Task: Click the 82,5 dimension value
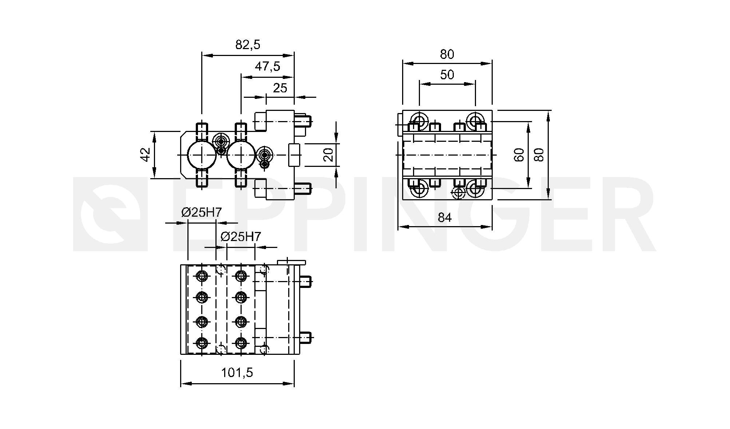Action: (248, 45)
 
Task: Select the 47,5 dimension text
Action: (267, 67)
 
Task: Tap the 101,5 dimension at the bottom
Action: (237, 373)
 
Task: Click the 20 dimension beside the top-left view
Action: (328, 155)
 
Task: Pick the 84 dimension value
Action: (445, 217)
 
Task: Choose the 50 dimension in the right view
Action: (447, 75)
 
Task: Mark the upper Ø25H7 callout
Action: (202, 212)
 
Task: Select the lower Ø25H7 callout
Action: (241, 237)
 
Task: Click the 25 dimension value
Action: (280, 88)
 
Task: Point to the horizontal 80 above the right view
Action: (447, 54)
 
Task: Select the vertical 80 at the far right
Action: (540, 155)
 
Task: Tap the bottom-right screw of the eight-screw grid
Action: (240, 342)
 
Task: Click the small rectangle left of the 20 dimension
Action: (294, 155)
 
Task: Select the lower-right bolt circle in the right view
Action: (475, 189)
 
